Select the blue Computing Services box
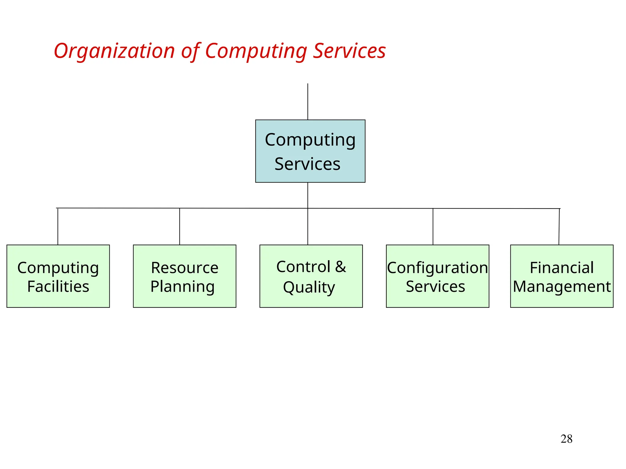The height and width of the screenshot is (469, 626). [310, 151]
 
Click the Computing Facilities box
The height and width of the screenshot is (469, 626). [58, 276]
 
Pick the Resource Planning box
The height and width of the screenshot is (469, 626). [185, 276]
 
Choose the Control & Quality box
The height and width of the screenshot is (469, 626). [311, 276]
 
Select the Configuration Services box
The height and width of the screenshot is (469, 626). [437, 276]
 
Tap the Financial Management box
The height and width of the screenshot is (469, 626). [562, 276]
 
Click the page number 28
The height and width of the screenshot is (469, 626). [566, 439]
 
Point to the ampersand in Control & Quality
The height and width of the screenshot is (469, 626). [341, 267]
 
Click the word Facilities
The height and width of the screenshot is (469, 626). [58, 286]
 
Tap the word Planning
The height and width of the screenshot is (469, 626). [182, 287]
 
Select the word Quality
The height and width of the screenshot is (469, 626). [309, 288]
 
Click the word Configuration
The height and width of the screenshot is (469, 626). [437, 268]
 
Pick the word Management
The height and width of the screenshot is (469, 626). [562, 286]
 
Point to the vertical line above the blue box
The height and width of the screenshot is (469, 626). [307, 101]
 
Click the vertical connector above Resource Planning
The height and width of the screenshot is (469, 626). [180, 227]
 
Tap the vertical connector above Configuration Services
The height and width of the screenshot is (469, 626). [433, 227]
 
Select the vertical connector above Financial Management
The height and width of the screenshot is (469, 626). [559, 227]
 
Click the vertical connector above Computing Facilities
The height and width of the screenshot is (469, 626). [58, 227]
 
